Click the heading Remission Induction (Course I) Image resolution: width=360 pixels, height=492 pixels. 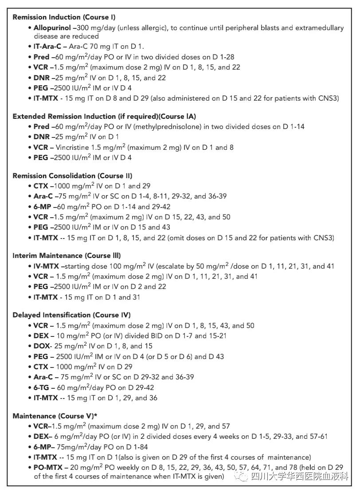(x=64, y=17)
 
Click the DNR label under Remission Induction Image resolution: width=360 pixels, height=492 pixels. (x=42, y=78)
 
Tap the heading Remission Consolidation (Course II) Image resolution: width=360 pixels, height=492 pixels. (x=72, y=176)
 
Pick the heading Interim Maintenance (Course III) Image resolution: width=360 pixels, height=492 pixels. (x=67, y=256)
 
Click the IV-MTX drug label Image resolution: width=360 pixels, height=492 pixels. (x=47, y=266)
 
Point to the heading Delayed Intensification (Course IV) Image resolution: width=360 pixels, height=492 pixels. (x=71, y=315)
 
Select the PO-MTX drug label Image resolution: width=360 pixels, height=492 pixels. (x=48, y=468)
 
